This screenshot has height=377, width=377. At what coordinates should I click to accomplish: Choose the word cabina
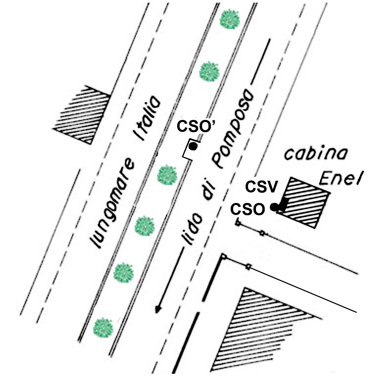point(316,153)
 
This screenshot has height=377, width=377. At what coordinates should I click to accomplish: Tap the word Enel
point(340,177)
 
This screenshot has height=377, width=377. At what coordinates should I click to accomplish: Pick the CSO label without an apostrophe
point(247,209)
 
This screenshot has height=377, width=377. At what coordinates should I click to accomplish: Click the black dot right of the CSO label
point(274,207)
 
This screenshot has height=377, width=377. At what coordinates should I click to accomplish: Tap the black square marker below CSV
point(283,204)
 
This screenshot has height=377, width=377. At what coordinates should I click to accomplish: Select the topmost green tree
point(230,19)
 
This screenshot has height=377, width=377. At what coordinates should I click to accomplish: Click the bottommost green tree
point(103,328)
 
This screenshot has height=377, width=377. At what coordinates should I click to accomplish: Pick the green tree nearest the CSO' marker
point(167,175)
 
